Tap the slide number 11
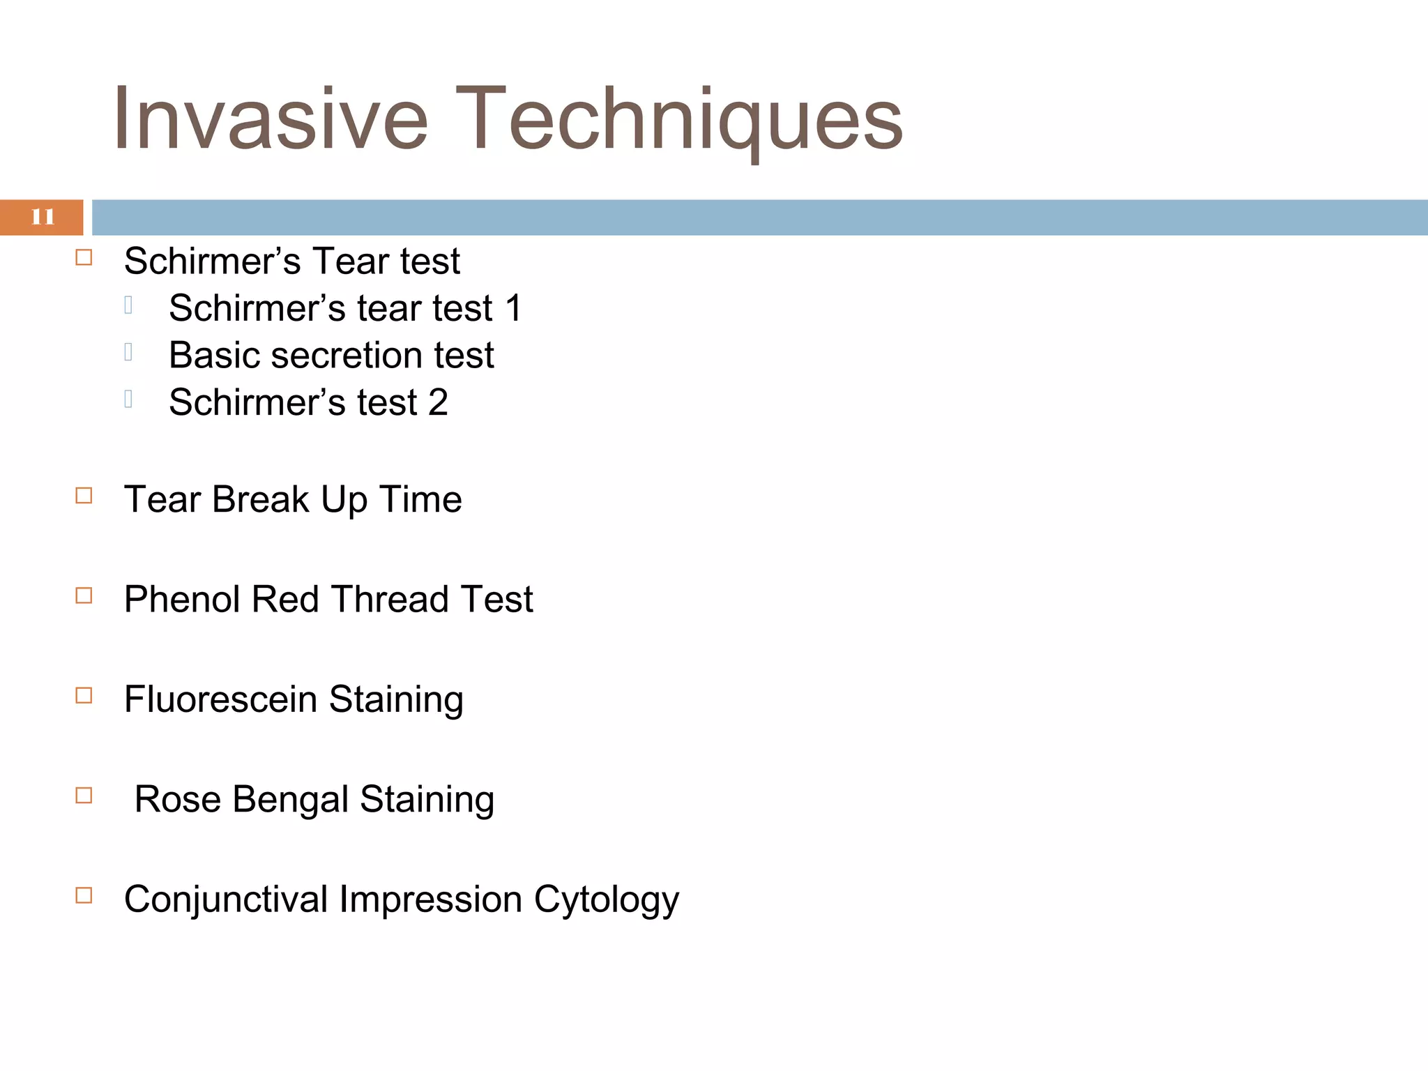pos(42,217)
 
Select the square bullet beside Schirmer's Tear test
pos(84,258)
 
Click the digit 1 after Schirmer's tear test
pos(514,308)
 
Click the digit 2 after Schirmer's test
pos(438,402)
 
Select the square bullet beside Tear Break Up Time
pos(84,496)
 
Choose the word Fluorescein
pos(220,699)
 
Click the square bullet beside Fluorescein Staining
pos(84,695)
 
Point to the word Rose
pos(177,799)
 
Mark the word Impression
pos(430,899)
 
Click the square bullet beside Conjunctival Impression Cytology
pos(84,895)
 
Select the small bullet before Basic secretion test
pos(128,352)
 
